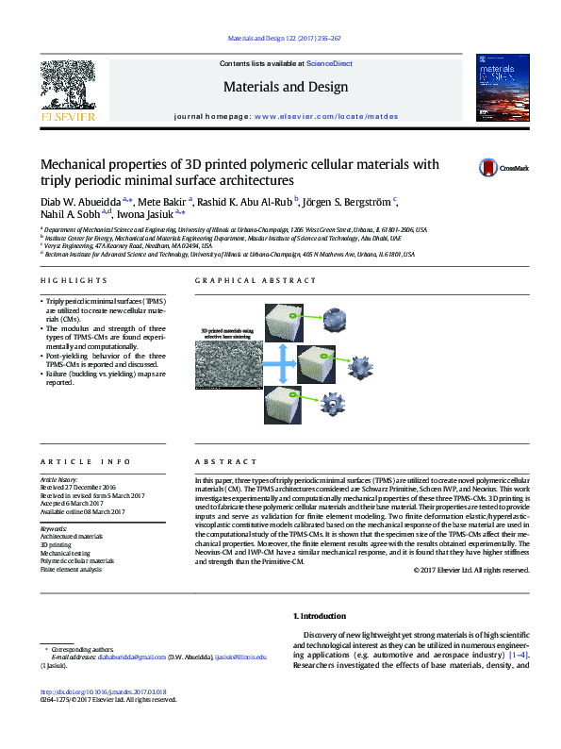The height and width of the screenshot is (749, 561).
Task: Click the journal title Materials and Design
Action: pos(285,87)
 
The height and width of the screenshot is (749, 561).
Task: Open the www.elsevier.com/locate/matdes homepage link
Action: pos(325,117)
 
